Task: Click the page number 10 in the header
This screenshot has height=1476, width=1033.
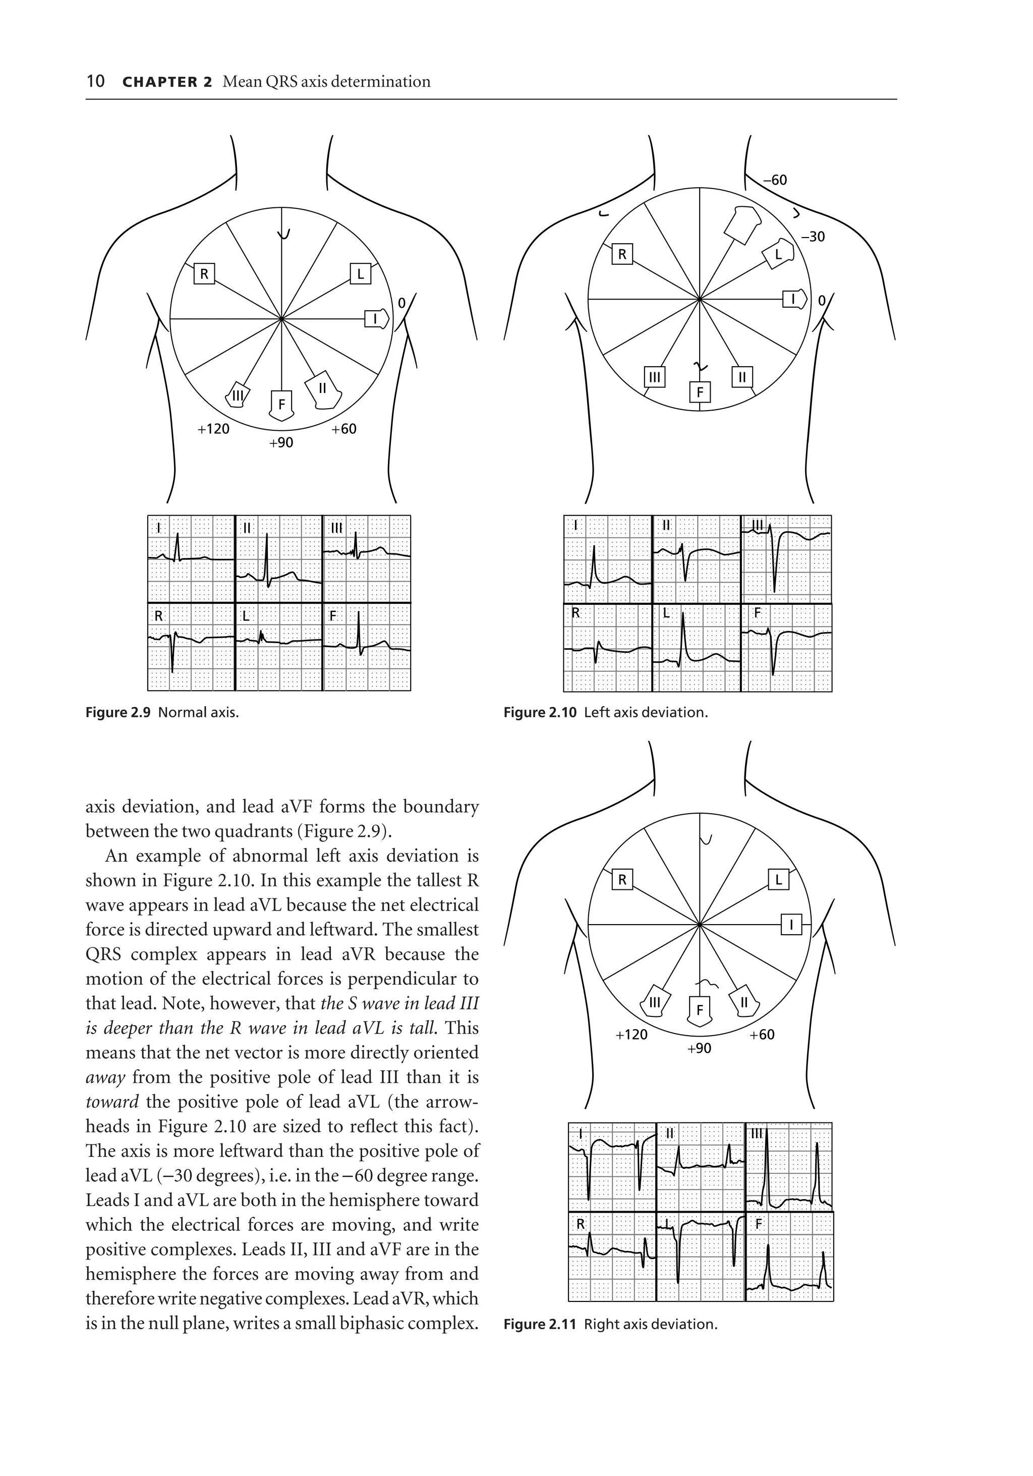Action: [95, 82]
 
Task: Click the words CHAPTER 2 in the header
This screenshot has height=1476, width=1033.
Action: [166, 82]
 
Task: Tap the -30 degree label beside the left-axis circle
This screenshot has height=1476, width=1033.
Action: [813, 237]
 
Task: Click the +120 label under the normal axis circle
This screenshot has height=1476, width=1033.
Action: [213, 429]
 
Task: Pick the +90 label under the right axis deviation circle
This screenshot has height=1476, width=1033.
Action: [699, 1049]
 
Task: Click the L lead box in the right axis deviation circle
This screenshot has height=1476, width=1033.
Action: [778, 879]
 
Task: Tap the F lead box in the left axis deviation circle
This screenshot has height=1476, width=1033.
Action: [700, 392]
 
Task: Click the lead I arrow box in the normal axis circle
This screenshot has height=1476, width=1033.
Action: [376, 318]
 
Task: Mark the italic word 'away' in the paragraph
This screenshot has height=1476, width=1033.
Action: [105, 1077]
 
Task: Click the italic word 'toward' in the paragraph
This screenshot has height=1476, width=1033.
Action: [112, 1102]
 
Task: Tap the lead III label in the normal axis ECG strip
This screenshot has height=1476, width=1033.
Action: [336, 529]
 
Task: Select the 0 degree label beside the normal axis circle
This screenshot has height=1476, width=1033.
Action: [402, 303]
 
